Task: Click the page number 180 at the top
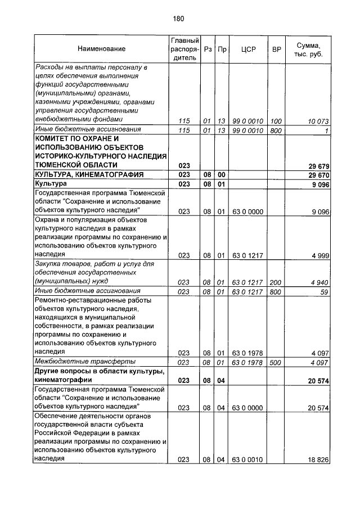tap(179, 19)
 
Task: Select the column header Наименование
tap(102, 49)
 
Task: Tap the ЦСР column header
tap(248, 49)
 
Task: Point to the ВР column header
tap(276, 49)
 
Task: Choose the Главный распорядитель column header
tap(183, 49)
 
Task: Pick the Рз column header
tap(207, 49)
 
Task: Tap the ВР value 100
tap(276, 121)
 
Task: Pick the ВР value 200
tap(276, 282)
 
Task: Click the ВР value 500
tap(276, 363)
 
